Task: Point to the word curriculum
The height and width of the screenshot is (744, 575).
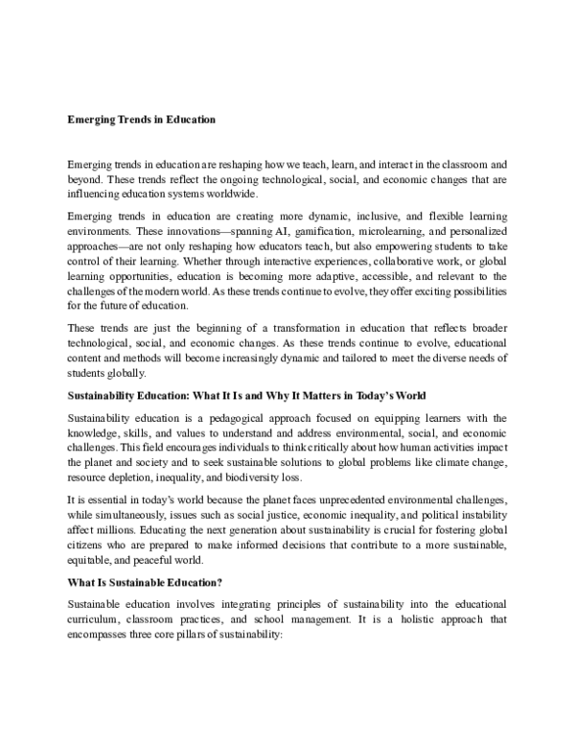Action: (97, 619)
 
